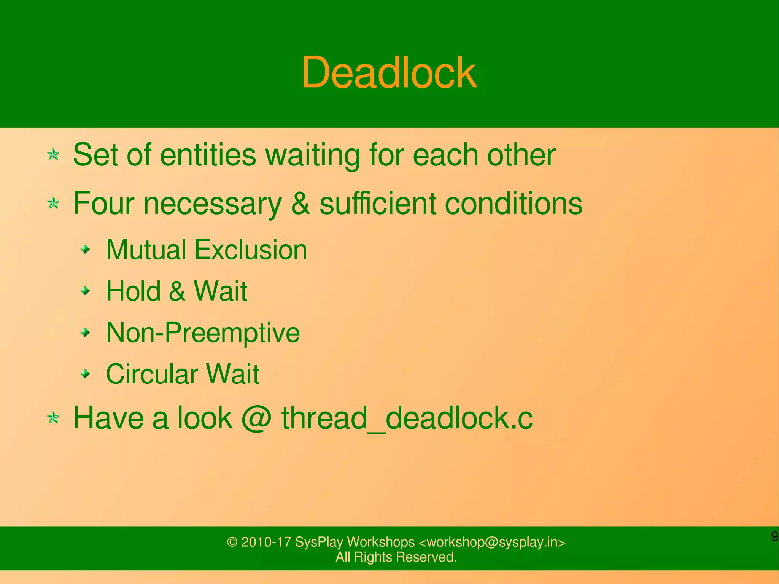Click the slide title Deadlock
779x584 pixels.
tap(389, 72)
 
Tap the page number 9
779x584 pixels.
tap(774, 536)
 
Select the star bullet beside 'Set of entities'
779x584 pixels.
tap(53, 154)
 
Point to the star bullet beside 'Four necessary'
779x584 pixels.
tap(53, 203)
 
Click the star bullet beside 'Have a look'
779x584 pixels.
tap(53, 419)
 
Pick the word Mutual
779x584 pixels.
tap(146, 250)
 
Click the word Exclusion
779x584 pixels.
tap(251, 250)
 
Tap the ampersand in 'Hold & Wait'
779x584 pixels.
tap(177, 291)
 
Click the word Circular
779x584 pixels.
tap(151, 374)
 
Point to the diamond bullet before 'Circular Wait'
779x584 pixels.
tap(86, 374)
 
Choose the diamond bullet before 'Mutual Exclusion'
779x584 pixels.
tap(86, 250)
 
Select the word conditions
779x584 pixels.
tap(514, 204)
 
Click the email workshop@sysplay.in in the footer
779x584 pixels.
tap(492, 542)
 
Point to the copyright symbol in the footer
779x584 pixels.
tap(232, 542)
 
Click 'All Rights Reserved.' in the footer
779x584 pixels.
tap(396, 557)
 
